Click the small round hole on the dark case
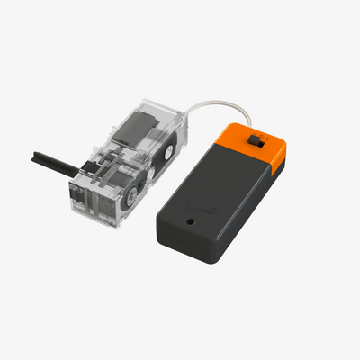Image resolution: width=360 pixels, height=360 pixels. (x=191, y=218)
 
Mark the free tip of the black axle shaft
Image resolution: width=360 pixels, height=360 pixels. (x=33, y=154)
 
